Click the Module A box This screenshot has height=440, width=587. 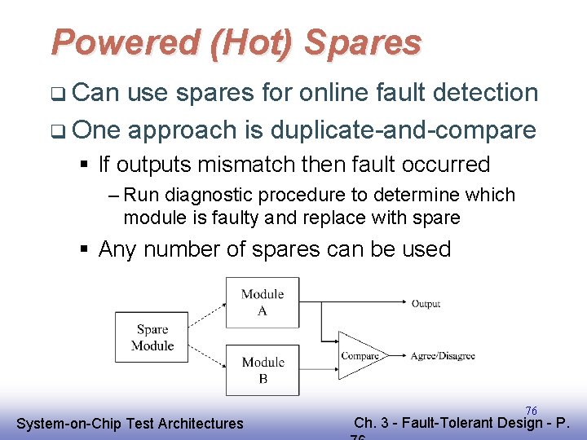click(263, 302)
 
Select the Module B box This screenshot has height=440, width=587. click(263, 370)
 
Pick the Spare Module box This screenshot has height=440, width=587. click(152, 337)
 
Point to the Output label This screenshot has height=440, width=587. click(426, 303)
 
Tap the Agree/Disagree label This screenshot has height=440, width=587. click(443, 355)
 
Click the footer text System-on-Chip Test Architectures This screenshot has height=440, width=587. click(130, 423)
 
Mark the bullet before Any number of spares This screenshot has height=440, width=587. click(85, 249)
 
